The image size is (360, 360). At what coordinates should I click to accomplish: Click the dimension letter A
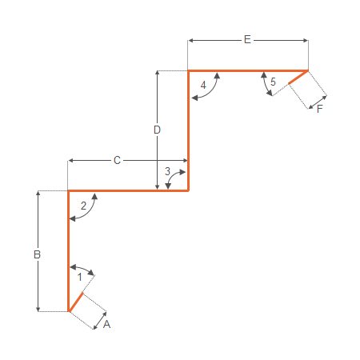106,324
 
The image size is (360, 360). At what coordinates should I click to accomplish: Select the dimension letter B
37,254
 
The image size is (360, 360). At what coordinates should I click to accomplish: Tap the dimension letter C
117,160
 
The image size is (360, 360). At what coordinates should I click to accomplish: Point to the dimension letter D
157,130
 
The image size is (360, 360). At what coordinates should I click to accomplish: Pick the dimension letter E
247,39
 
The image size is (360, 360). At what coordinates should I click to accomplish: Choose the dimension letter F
320,109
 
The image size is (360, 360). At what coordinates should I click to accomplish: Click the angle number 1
79,278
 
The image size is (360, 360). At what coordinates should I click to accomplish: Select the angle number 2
83,206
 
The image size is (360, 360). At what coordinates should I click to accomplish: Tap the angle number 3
167,171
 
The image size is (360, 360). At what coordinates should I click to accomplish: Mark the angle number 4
203,86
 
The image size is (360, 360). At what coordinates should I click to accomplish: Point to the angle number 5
273,82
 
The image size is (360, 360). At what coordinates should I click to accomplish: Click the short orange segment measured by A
76,302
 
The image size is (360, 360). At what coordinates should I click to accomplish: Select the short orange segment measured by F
298,78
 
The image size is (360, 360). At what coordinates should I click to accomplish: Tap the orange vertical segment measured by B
69,251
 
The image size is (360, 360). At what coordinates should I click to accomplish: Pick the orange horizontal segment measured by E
248,71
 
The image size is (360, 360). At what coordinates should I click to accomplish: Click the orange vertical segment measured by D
188,130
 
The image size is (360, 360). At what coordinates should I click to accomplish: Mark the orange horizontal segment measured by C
128,190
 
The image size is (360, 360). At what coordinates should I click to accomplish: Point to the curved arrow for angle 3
171,176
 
